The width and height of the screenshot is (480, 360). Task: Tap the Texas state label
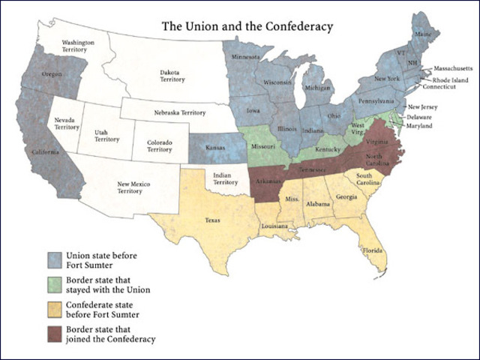[214, 221]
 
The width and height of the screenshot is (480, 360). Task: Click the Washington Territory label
[77, 46]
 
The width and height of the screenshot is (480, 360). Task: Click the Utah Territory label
[106, 135]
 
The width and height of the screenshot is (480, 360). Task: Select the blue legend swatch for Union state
[53, 259]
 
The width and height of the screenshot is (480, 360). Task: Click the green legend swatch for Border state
[53, 285]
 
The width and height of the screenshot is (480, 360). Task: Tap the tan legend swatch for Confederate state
[53, 310]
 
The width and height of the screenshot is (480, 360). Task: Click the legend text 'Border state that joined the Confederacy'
[110, 334]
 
